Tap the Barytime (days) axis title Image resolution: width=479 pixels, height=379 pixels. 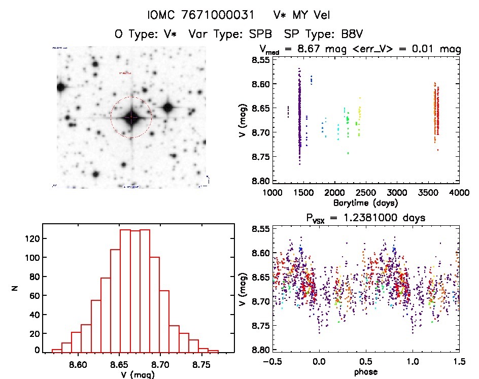(365, 203)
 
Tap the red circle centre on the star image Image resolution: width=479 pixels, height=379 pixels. (131, 117)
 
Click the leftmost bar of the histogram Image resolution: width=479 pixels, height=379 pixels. (57, 351)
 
